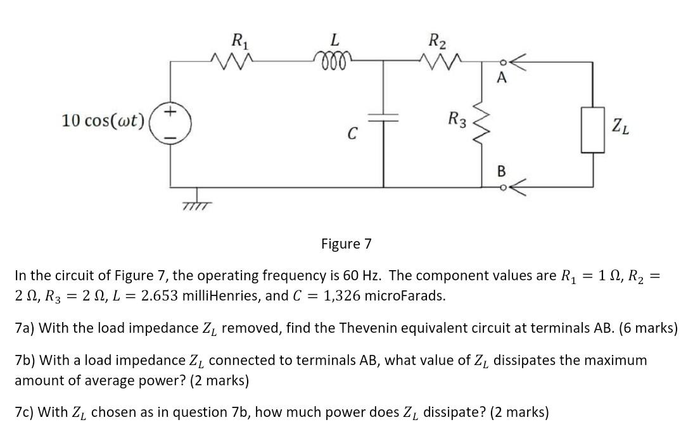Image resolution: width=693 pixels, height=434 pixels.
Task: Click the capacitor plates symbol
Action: pyautogui.click(x=384, y=118)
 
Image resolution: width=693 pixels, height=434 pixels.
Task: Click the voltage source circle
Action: pyautogui.click(x=170, y=120)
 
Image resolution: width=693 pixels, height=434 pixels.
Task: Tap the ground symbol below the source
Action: pyautogui.click(x=196, y=201)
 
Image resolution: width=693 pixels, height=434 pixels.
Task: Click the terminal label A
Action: pyautogui.click(x=502, y=78)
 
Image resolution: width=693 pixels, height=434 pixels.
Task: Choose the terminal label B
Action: pyautogui.click(x=501, y=171)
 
